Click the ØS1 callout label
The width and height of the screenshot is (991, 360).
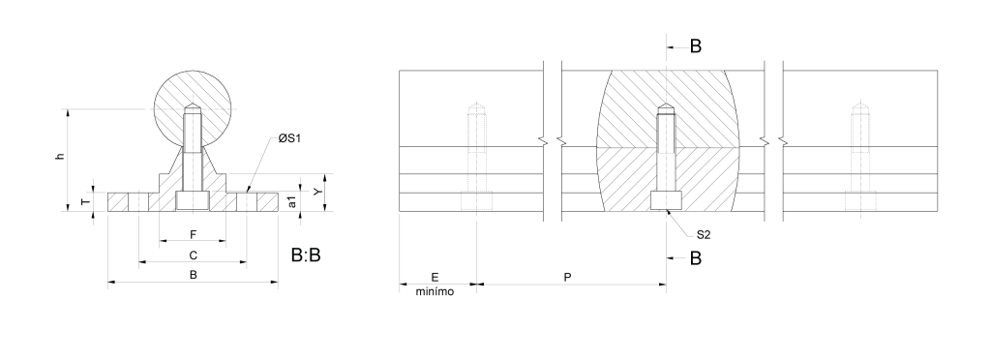289,138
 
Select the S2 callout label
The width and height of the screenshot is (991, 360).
704,235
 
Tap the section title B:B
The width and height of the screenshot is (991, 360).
306,255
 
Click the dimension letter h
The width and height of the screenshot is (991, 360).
61,156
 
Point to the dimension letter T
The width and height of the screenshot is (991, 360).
86,202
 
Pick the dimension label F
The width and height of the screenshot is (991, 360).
194,235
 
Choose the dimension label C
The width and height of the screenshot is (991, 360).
194,255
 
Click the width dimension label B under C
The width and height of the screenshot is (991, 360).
194,276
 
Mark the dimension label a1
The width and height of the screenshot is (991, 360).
292,201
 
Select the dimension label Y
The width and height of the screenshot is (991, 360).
318,191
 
